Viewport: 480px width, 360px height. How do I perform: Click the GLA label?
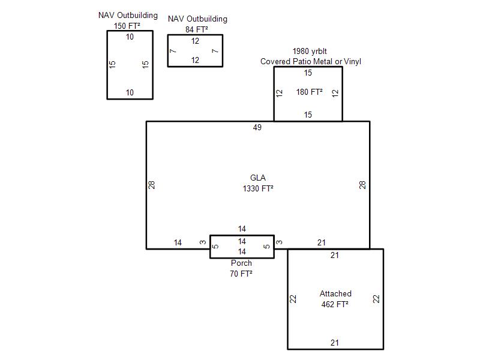[258, 178]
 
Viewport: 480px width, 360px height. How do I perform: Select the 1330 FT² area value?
[258, 188]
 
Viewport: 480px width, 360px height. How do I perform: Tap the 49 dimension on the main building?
[257, 127]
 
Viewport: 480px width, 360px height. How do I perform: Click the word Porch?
[241, 263]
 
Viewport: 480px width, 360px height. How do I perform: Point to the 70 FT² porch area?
[241, 274]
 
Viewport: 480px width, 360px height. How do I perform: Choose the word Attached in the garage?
[335, 293]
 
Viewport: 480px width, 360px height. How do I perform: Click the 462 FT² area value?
[335, 304]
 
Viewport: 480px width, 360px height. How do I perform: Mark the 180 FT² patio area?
[309, 92]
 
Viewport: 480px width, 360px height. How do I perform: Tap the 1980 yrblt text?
[310, 51]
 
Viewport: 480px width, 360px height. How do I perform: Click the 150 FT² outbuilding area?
[127, 26]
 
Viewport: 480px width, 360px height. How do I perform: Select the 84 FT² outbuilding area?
[197, 29]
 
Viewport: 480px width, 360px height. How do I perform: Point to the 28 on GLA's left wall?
[152, 185]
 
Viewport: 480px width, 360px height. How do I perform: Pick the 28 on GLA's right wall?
[362, 185]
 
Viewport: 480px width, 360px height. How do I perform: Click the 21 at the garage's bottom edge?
[335, 343]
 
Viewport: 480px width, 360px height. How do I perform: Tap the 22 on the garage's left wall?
[293, 299]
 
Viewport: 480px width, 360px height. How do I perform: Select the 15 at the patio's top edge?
[308, 73]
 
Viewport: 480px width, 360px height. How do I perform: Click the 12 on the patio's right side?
[335, 93]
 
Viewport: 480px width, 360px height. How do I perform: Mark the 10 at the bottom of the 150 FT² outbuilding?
[130, 92]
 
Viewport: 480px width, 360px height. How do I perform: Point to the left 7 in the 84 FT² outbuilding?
[173, 51]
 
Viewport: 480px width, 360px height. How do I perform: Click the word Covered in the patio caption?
[275, 62]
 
